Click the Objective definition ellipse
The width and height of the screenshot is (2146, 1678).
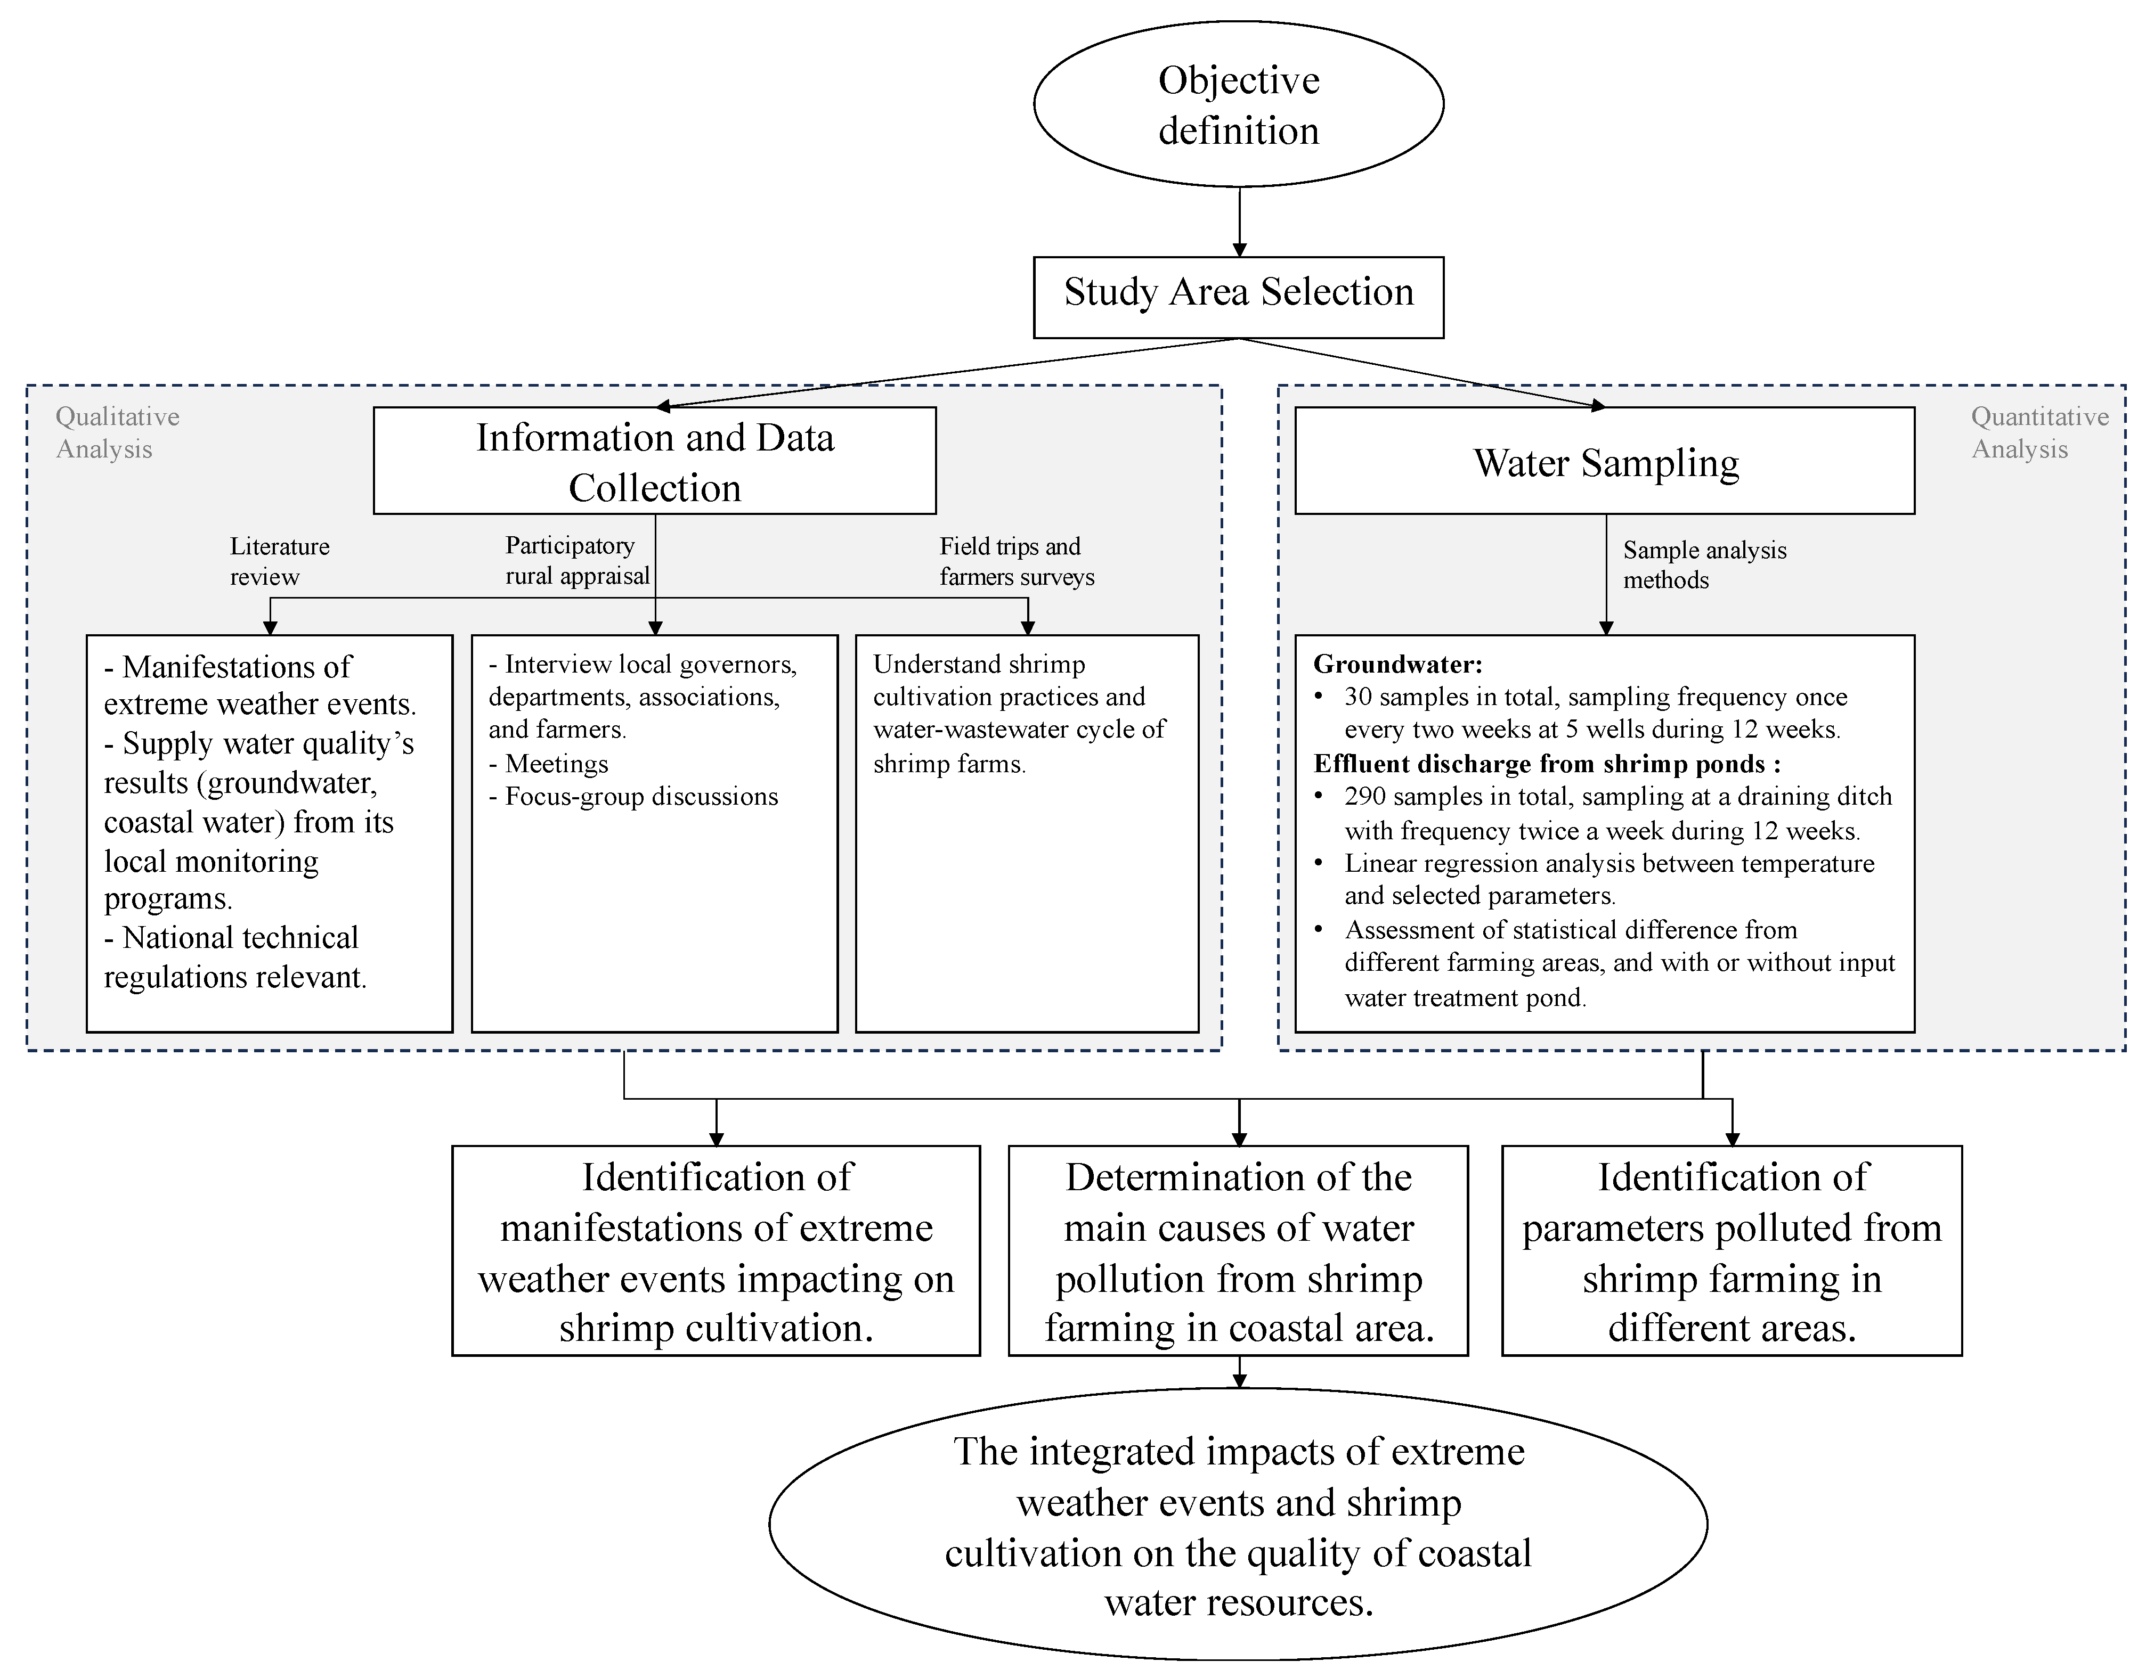tap(1238, 104)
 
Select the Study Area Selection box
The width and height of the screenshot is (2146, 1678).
tap(1238, 297)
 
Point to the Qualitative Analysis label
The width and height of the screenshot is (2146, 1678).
tap(117, 432)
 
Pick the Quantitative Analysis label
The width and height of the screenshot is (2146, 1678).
tap(2039, 432)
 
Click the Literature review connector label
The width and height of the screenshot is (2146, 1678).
tap(279, 561)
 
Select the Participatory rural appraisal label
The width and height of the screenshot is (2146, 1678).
tap(577, 560)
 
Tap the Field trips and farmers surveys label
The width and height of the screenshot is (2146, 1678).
tap(1016, 561)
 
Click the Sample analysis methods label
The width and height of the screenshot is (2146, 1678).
tap(1704, 565)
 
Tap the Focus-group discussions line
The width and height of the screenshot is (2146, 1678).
tap(640, 797)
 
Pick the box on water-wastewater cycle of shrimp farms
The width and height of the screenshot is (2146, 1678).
tap(1027, 833)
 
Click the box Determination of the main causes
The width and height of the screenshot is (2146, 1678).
tap(1238, 1250)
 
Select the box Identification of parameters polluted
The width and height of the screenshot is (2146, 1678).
tap(1732, 1250)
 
